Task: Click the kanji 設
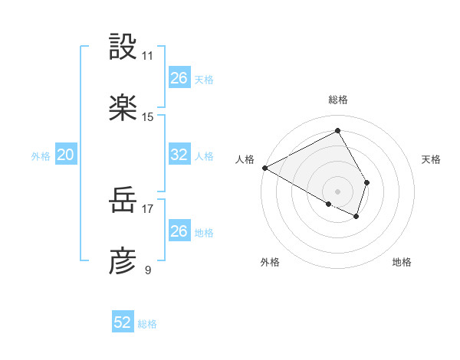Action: coord(123,47)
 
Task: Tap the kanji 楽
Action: coord(123,108)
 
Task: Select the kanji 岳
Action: coord(123,201)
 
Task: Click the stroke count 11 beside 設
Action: coord(148,56)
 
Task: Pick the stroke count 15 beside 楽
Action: coord(148,116)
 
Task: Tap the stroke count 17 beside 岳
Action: coord(148,208)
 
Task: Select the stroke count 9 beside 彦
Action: coord(148,270)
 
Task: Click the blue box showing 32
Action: coord(179,155)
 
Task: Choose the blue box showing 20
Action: coord(66,155)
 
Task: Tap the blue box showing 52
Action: coord(123,322)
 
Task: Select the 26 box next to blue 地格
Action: coord(179,231)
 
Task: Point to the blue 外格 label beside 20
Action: coord(41,156)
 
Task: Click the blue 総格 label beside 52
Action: coord(147,324)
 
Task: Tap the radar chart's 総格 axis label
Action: coord(338,100)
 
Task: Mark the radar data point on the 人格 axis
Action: coord(264,168)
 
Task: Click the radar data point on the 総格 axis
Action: coord(338,131)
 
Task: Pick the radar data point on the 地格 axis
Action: coord(356,217)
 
